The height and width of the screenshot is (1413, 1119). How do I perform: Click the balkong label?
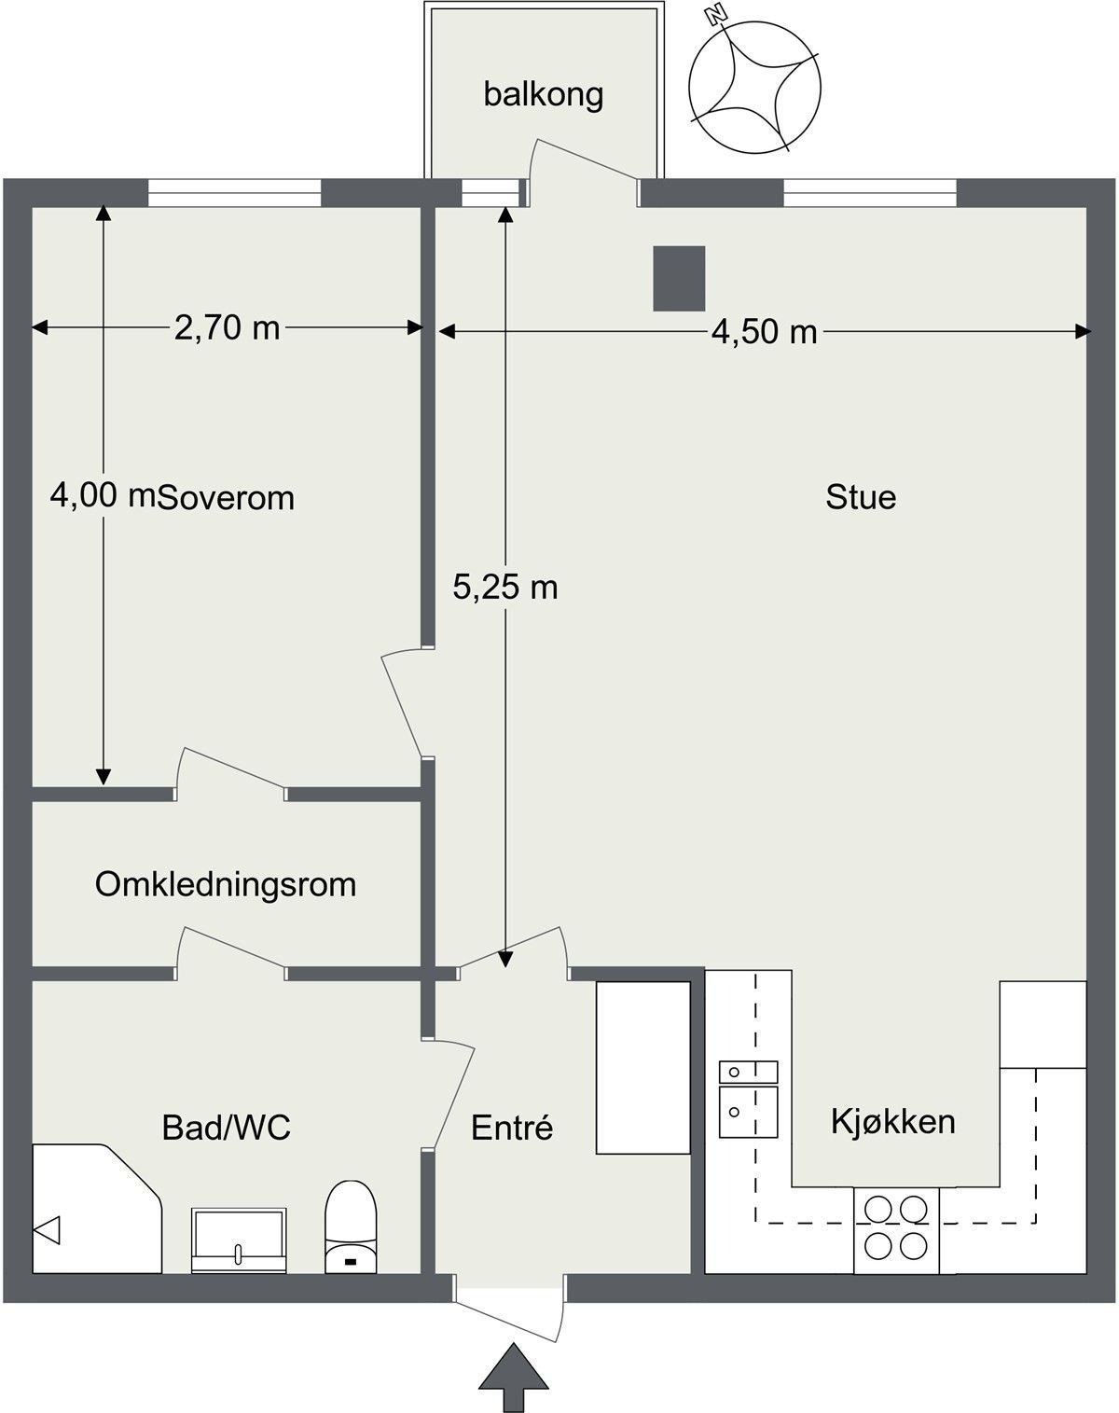(x=544, y=94)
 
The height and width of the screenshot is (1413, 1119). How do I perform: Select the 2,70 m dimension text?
(x=227, y=327)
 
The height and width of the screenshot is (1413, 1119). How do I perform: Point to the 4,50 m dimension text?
(x=764, y=331)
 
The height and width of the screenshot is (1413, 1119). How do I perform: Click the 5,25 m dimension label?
(x=504, y=587)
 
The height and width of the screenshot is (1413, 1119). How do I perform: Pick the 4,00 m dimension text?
(x=102, y=495)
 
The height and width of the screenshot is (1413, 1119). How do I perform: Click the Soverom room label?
(x=226, y=498)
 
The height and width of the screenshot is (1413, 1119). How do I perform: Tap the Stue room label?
(x=860, y=496)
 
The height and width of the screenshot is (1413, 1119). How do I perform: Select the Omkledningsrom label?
(x=226, y=884)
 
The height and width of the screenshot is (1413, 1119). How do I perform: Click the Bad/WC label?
(x=226, y=1128)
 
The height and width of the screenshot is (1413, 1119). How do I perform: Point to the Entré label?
(x=512, y=1128)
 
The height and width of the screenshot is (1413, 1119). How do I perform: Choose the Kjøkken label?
(x=892, y=1121)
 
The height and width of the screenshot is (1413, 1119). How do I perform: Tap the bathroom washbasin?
(x=239, y=1240)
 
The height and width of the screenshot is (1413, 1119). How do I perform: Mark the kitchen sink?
(x=747, y=1100)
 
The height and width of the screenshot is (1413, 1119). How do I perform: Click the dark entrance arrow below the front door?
(x=512, y=1377)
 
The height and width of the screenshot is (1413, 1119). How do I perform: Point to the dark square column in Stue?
(x=678, y=278)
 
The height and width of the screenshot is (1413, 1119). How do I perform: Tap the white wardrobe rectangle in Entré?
(x=642, y=1068)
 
